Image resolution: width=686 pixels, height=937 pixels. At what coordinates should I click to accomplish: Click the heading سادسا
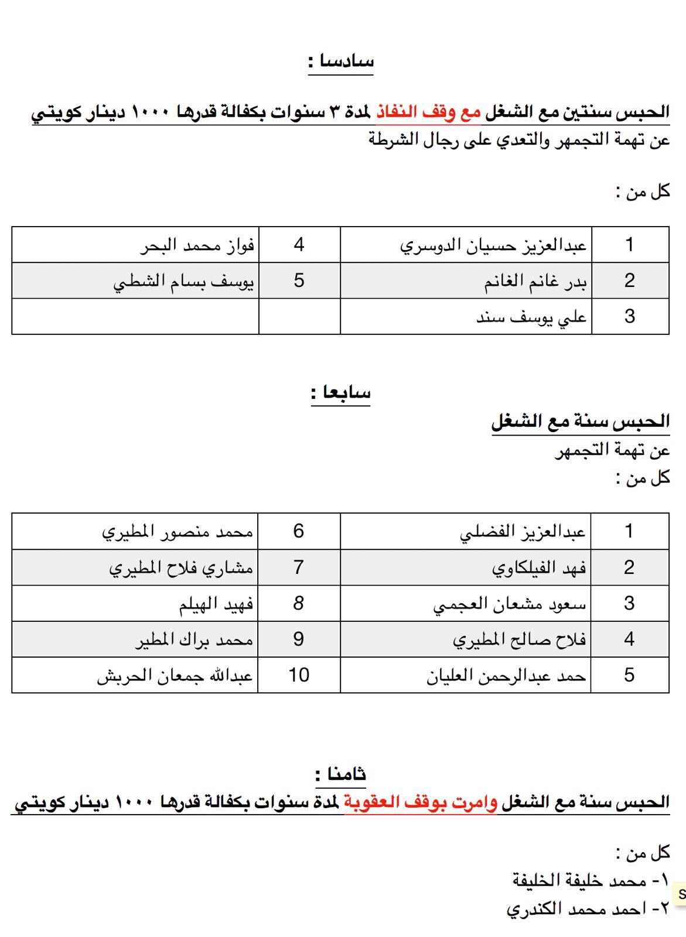point(342,61)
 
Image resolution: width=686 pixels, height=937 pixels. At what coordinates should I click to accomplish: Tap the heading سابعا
point(341,392)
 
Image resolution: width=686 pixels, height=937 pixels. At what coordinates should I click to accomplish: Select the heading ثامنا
point(341,774)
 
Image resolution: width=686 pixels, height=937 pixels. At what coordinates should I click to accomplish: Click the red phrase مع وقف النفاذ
point(428,111)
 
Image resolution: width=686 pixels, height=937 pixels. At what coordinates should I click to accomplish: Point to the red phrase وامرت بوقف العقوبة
point(419,801)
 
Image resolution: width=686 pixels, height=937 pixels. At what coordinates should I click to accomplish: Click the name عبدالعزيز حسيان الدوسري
point(493,245)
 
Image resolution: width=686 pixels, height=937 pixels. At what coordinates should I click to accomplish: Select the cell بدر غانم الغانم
point(535,281)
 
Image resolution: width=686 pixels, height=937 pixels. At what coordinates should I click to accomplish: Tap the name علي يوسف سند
point(531,317)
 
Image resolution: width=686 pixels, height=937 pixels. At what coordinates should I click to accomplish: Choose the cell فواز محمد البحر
point(197,245)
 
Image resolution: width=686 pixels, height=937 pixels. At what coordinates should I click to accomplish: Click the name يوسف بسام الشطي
point(183,281)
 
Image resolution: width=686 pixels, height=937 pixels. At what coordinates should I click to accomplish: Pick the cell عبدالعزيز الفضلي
point(523,532)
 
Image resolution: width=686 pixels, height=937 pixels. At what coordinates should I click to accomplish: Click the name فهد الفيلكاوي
point(539,567)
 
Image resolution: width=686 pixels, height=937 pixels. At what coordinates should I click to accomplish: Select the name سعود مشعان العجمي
point(510,604)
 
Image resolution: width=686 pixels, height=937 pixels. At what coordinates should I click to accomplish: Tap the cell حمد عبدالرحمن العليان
point(506,675)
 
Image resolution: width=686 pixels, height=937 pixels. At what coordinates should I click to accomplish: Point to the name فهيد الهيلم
point(216,604)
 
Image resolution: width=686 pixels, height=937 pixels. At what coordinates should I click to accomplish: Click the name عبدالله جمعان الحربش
point(175,675)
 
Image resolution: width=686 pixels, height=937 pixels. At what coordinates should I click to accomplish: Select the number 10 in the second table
point(299,675)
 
